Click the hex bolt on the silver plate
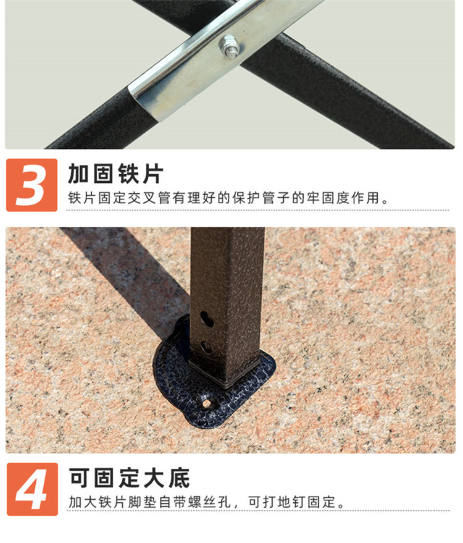point(230,46)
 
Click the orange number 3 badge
point(32,185)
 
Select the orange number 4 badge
point(32,489)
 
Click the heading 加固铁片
point(116,174)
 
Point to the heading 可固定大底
point(130,478)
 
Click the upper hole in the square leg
point(207,319)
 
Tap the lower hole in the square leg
point(207,347)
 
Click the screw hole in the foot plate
point(207,403)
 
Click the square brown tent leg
point(227,305)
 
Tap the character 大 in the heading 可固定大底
point(154,478)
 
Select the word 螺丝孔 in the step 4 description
point(210,502)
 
